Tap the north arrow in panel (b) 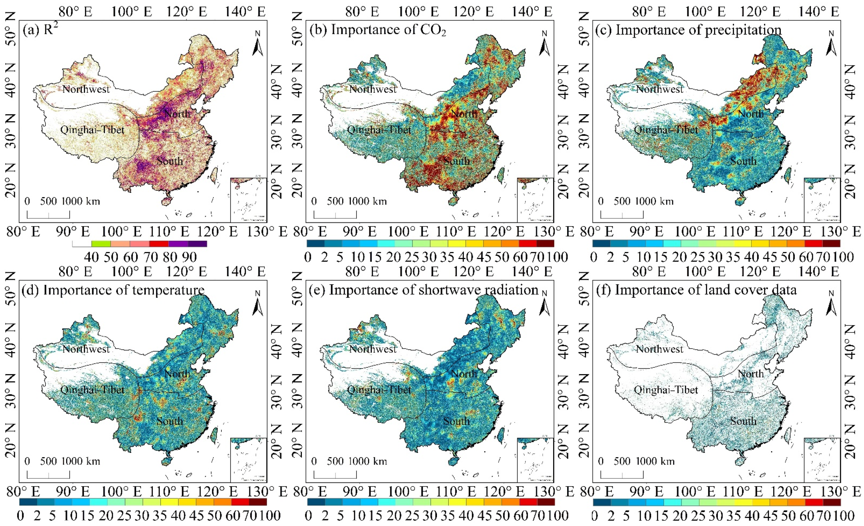click(544, 44)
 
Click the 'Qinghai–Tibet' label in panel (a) click(92, 130)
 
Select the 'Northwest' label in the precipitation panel click(659, 89)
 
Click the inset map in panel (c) click(822, 200)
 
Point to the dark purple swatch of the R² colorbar click(197, 244)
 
